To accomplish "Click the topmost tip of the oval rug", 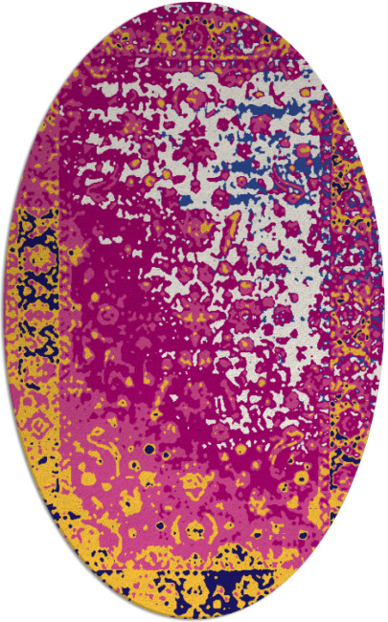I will (x=193, y=2).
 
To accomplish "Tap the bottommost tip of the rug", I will (x=193, y=619).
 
